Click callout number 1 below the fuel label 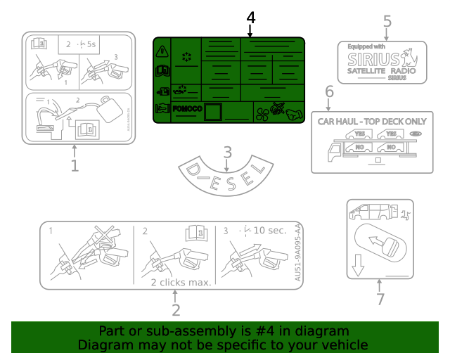tap(75, 166)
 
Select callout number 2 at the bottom tap(176, 309)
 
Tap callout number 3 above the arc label tap(227, 151)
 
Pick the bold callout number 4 tap(250, 16)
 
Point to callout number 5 tap(387, 21)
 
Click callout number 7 tap(380, 299)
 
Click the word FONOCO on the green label tap(188, 109)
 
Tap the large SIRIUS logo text tap(376, 58)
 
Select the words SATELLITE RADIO tap(381, 71)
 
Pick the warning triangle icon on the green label tap(162, 50)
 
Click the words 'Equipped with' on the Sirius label tap(366, 46)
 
